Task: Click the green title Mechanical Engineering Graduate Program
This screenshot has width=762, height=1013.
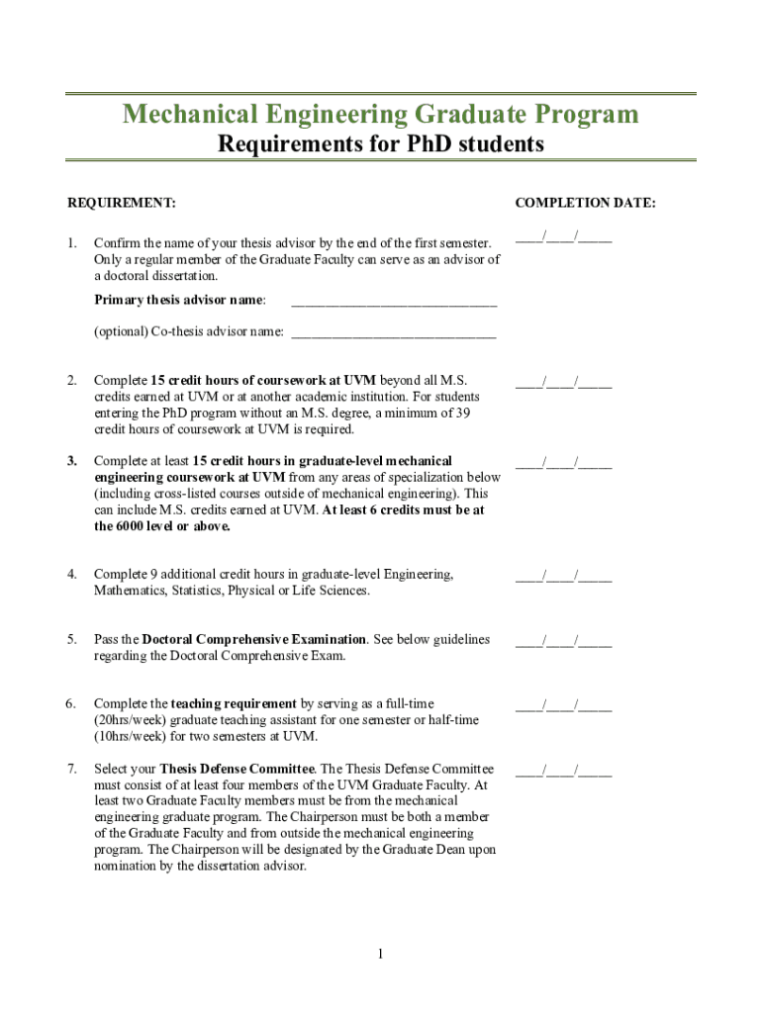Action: pos(380,115)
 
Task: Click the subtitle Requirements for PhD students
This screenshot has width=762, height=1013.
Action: pos(380,144)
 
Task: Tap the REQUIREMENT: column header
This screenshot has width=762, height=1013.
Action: pos(121,203)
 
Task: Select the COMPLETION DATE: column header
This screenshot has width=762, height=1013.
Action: pos(585,203)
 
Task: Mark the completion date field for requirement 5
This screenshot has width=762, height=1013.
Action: pos(563,641)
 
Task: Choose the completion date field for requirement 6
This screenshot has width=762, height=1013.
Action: pos(563,705)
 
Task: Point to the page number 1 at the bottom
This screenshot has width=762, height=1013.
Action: pos(380,954)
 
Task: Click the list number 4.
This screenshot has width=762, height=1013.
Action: pos(72,574)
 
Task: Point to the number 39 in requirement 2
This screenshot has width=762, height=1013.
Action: pos(462,414)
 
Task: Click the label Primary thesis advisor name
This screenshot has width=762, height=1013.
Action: pos(179,300)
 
